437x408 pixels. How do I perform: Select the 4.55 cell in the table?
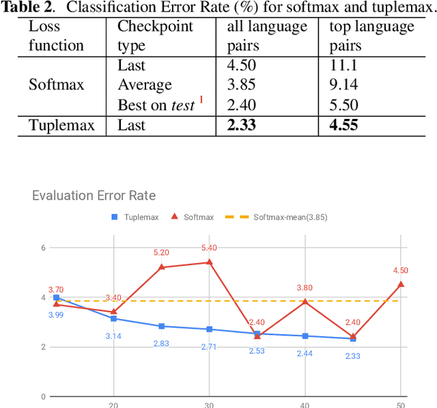[344, 125]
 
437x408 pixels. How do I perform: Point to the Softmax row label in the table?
[56, 85]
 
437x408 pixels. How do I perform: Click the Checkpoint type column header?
[155, 36]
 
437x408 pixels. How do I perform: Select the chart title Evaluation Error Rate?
[94, 196]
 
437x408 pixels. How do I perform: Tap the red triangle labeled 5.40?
[209, 262]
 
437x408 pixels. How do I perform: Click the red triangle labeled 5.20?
[161, 267]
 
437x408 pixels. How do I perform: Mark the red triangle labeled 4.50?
[401, 284]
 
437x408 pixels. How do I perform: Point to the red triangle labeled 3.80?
[305, 301]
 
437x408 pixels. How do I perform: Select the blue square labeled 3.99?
[56, 298]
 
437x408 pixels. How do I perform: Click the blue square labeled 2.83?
[161, 326]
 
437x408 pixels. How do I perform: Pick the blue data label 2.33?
[352, 356]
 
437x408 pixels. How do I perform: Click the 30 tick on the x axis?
[209, 404]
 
